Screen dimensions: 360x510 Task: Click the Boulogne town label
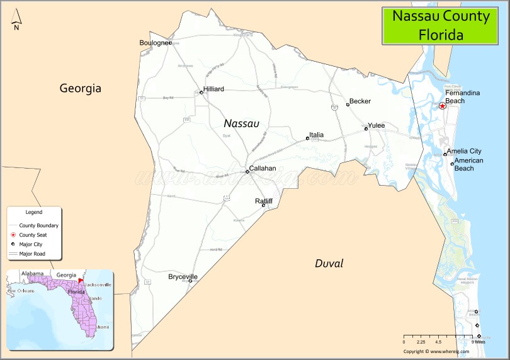click(x=154, y=43)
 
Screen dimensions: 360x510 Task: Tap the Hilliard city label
click(x=213, y=89)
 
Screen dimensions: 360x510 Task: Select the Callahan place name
click(x=262, y=169)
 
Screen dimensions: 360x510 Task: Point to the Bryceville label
click(x=183, y=277)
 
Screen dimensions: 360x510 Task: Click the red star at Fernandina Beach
click(x=443, y=106)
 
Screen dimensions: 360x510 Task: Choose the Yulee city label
click(x=376, y=126)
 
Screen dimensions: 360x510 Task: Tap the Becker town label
click(x=360, y=101)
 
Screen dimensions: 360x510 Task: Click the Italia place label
click(x=316, y=135)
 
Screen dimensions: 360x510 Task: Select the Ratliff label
click(x=264, y=201)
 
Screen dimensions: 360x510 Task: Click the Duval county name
click(x=329, y=264)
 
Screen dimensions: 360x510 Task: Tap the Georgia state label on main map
click(x=80, y=88)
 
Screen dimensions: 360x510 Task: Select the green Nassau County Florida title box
click(x=441, y=25)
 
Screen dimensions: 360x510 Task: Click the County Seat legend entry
click(x=33, y=235)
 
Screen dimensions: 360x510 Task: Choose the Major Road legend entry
click(x=32, y=254)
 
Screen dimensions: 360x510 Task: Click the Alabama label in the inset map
click(x=32, y=274)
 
